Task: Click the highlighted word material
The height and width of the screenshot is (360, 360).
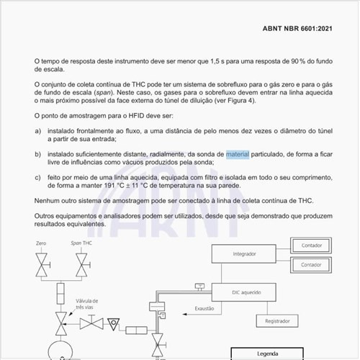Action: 238,154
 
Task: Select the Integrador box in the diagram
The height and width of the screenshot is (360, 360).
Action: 244,254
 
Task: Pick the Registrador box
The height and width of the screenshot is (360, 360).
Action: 277,320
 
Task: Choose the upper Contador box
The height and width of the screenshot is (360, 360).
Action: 311,246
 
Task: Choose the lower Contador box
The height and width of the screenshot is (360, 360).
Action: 311,264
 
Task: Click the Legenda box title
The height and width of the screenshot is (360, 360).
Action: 267,354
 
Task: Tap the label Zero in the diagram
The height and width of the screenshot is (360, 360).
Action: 41,243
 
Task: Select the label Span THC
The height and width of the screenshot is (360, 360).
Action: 80,243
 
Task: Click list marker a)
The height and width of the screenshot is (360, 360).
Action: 37,130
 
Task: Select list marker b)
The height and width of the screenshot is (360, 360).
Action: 37,154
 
